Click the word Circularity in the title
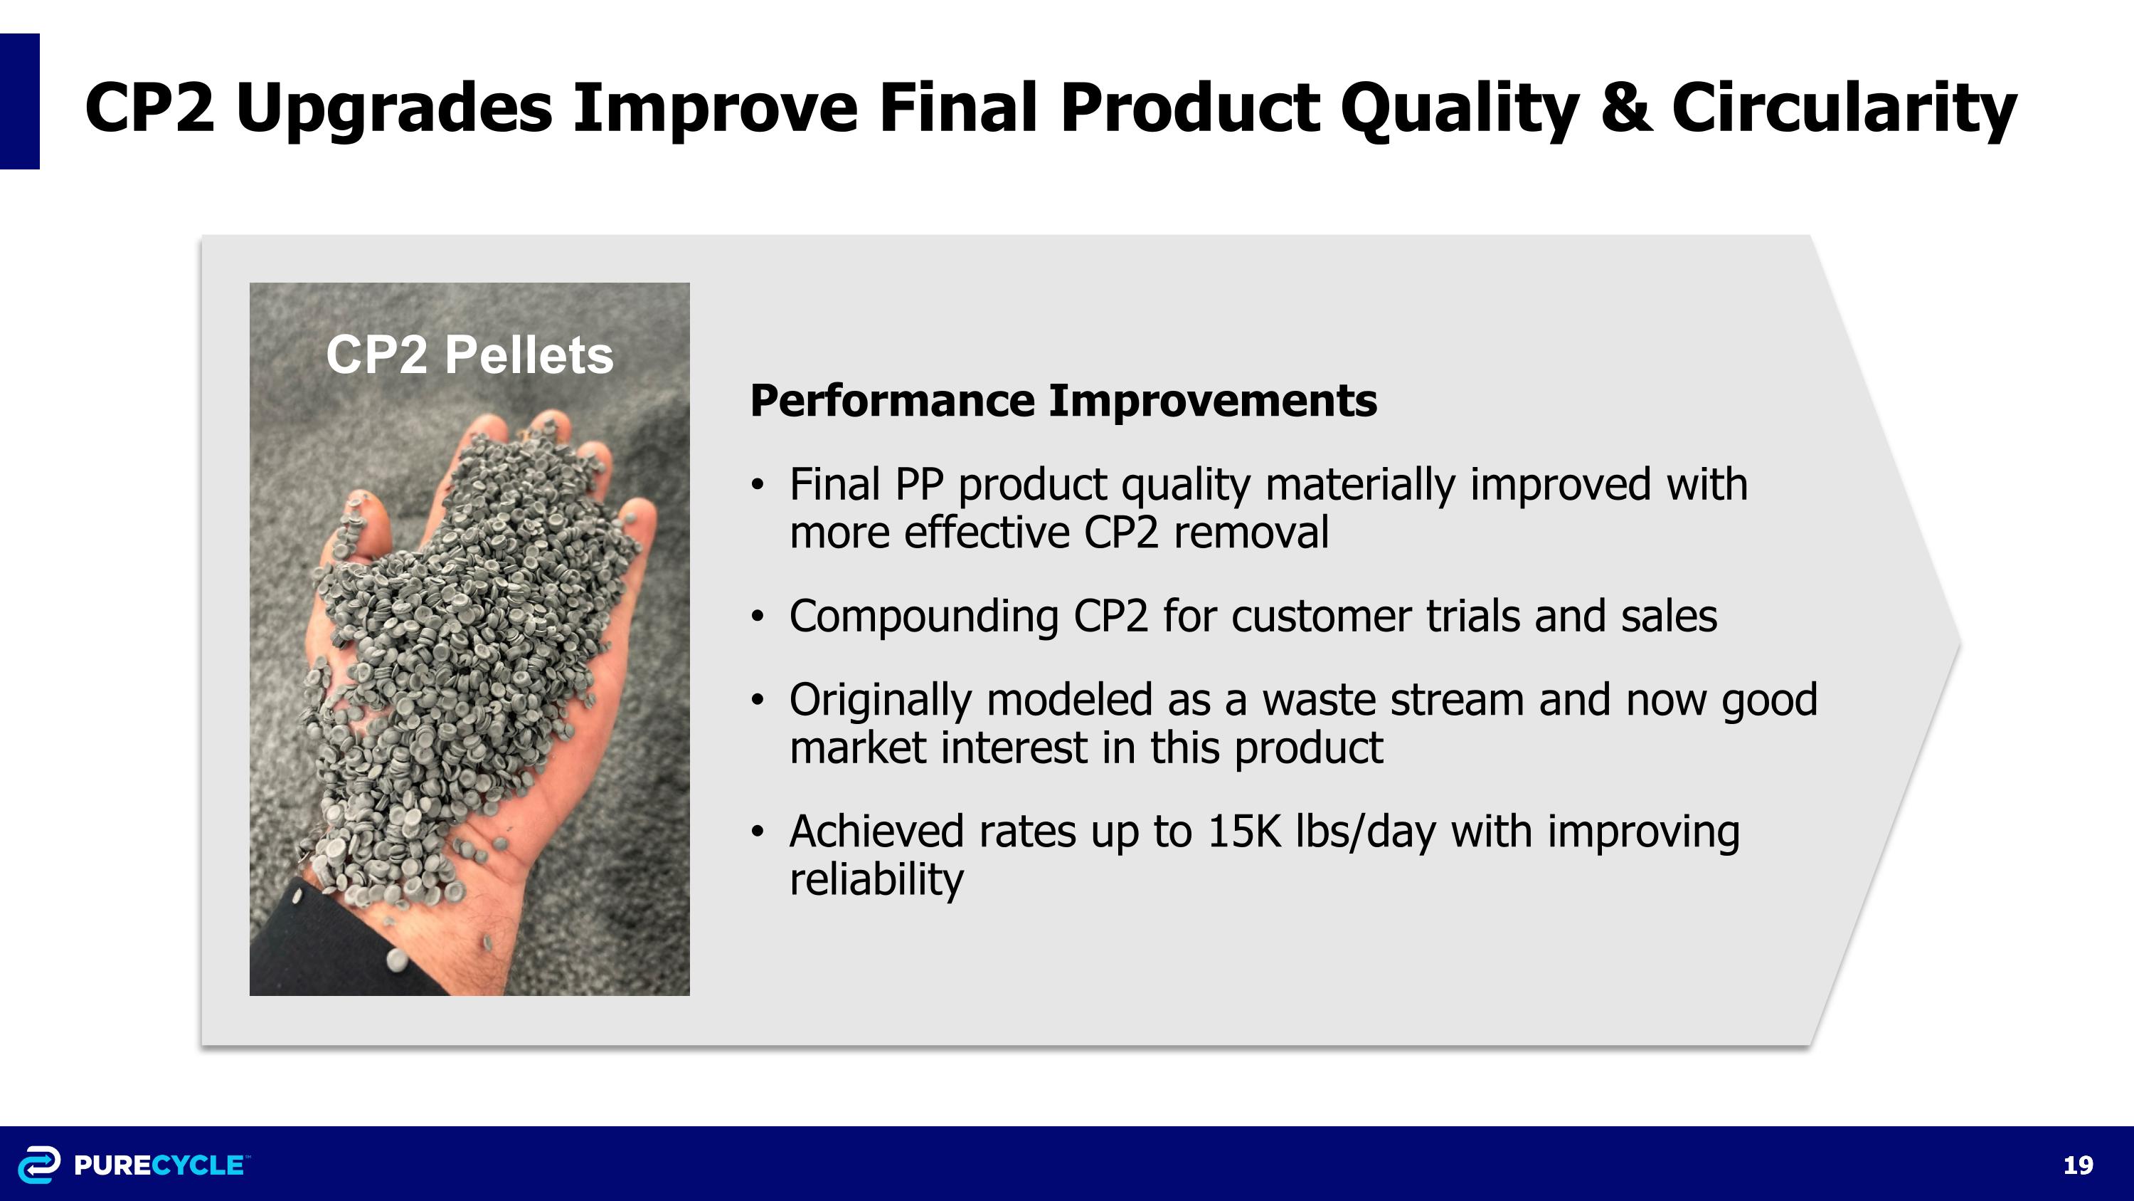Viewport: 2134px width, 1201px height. point(1843,107)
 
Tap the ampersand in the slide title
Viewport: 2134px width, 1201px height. point(1625,107)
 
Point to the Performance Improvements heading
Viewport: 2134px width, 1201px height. point(1063,400)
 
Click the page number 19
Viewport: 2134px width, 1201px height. point(2078,1165)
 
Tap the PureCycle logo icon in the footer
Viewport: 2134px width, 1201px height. point(39,1165)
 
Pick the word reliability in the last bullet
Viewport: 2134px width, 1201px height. point(876,879)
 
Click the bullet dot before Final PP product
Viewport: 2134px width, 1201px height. point(756,486)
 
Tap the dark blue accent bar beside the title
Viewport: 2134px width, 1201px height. point(19,101)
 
